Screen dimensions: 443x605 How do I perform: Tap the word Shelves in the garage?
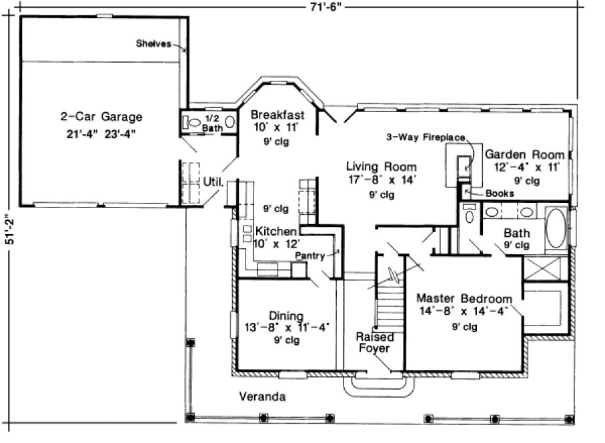tap(153, 45)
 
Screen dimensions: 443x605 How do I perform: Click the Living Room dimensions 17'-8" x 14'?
tap(381, 180)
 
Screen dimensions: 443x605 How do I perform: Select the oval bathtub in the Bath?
tap(556, 230)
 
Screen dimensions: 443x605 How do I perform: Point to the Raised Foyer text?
tap(373, 342)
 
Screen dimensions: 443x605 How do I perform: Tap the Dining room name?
tap(286, 316)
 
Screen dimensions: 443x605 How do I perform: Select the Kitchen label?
tap(275, 232)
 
